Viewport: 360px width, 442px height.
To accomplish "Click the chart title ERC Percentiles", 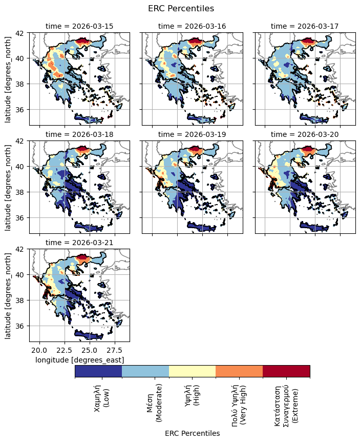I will click(180, 8).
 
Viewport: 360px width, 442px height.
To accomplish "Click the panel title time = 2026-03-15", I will click(79, 26).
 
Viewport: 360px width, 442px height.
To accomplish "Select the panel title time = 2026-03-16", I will click(192, 26).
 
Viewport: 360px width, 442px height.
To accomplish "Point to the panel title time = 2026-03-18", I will click(79, 134).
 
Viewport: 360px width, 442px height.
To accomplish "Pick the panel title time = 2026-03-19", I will click(192, 134).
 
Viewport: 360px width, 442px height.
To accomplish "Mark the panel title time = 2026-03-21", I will click(79, 243).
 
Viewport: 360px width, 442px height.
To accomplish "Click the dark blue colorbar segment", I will click(98, 371).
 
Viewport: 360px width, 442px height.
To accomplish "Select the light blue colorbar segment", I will click(145, 371).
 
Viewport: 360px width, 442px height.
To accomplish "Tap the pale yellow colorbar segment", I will click(192, 371).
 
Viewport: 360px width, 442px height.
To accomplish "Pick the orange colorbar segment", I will click(239, 371).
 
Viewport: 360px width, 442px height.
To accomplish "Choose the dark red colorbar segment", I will click(286, 371).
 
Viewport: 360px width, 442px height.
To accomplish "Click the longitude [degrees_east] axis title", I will click(79, 360).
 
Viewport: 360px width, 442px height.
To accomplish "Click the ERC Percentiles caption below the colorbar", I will click(192, 433).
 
